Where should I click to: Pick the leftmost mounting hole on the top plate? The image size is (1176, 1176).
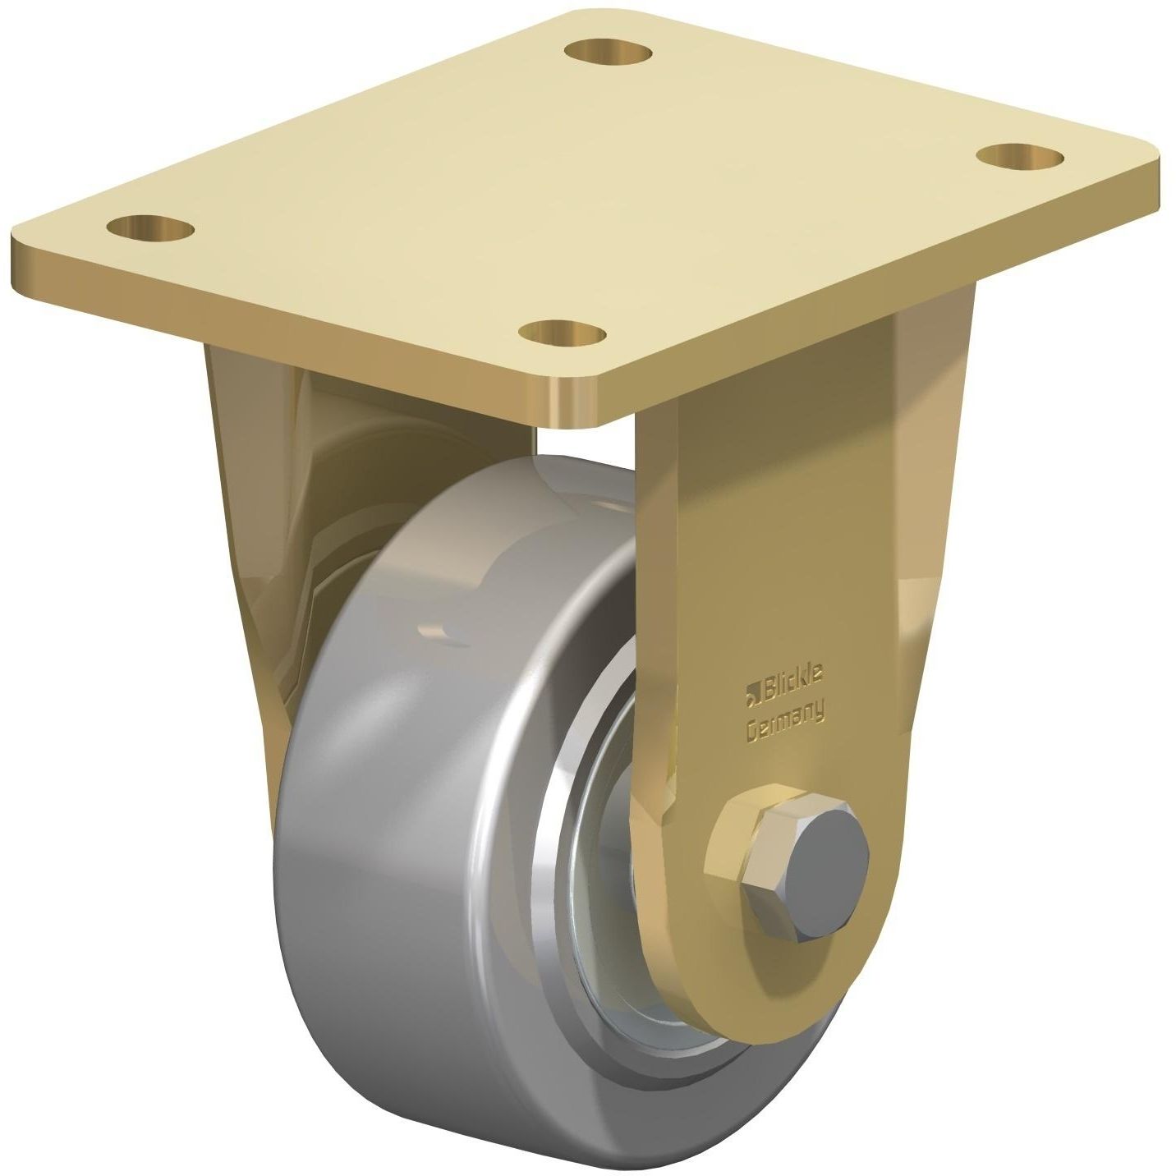151,225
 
